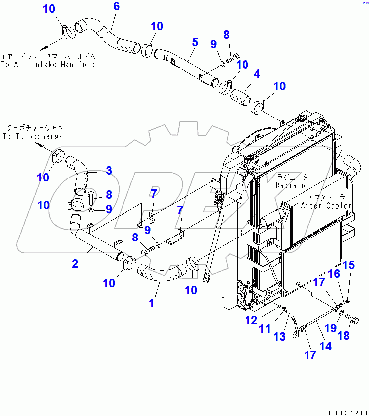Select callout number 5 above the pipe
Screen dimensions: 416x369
(195, 42)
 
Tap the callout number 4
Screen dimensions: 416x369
(256, 74)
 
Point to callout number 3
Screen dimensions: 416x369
(108, 171)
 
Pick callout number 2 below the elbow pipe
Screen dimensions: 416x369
(75, 264)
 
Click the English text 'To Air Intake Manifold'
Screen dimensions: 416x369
(48, 64)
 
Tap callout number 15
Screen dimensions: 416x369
(349, 265)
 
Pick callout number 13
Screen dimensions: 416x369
(280, 337)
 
